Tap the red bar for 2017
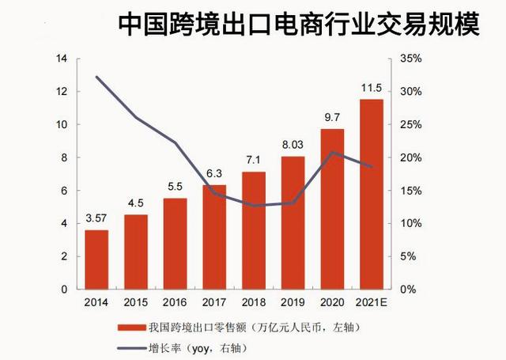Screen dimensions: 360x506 click(x=214, y=237)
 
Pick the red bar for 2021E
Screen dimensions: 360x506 click(x=371, y=194)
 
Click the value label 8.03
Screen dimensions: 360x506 click(x=293, y=146)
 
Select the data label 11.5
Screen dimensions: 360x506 click(x=371, y=88)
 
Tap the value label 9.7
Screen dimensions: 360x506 click(x=332, y=118)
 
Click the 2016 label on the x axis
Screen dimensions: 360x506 click(x=175, y=301)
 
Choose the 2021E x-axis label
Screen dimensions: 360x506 click(x=371, y=301)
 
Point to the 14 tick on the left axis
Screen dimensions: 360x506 click(x=62, y=59)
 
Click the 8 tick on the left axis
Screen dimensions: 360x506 click(x=64, y=158)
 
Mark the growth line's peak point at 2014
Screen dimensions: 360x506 click(x=96, y=77)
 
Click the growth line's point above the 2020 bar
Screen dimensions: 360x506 click(x=332, y=152)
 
